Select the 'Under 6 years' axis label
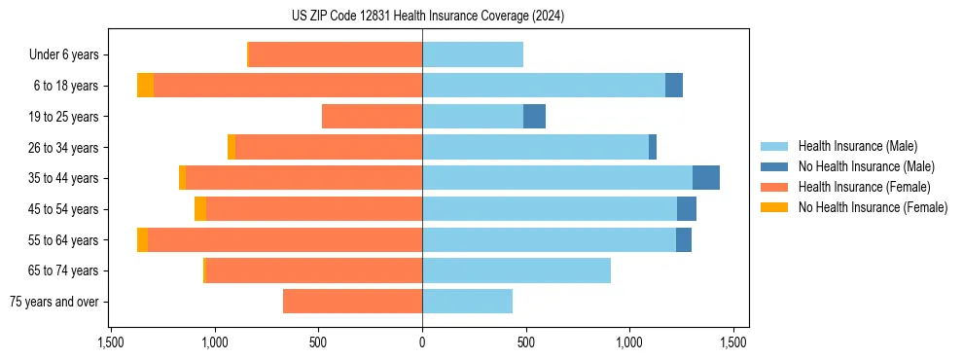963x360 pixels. click(64, 55)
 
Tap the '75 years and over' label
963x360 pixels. click(53, 302)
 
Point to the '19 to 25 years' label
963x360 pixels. click(63, 117)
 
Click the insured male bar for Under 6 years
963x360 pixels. click(473, 54)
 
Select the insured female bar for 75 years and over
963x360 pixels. click(352, 302)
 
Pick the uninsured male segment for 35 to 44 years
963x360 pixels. click(706, 178)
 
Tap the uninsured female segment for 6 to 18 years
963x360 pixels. click(145, 86)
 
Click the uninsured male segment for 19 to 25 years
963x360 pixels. click(534, 117)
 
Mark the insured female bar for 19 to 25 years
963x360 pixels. click(372, 117)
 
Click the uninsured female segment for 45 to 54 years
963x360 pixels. click(200, 209)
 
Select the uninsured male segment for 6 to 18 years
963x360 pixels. click(674, 86)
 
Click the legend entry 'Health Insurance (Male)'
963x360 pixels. click(857, 146)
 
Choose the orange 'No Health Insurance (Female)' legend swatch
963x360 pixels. click(775, 207)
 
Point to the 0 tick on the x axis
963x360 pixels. click(422, 342)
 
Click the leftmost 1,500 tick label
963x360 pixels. click(111, 342)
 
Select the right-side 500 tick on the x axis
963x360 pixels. click(526, 342)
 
